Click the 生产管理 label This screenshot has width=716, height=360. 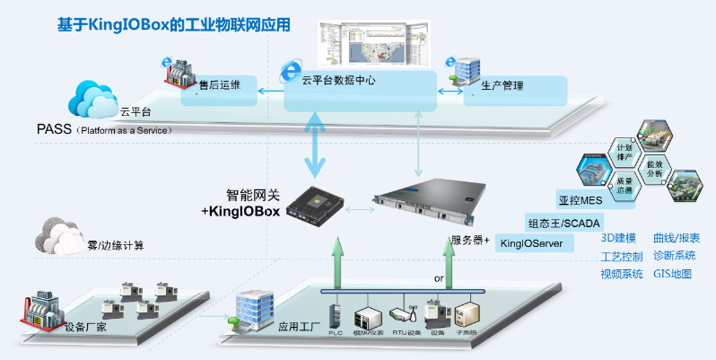pos(502,86)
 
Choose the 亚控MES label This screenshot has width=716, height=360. pos(578,198)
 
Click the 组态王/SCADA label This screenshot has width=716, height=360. pos(563,222)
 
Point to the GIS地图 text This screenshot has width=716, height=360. pos(672,274)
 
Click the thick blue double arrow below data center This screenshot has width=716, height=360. pos(316,143)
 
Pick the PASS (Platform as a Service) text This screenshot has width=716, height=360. pos(104,129)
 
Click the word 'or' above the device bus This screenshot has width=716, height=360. pos(439,279)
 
